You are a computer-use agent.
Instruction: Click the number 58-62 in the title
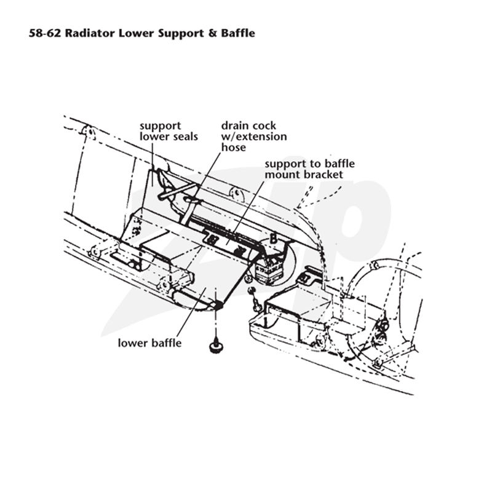pos(45,33)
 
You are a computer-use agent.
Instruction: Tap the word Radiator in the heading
pos(90,33)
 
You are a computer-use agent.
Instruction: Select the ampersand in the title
pos(212,33)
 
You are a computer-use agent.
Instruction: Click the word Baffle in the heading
pos(238,33)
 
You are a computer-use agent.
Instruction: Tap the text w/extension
pos(254,137)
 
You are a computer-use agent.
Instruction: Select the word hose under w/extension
pos(234,148)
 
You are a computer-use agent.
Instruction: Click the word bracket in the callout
pos(323,175)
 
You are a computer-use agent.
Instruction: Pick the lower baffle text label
pos(149,343)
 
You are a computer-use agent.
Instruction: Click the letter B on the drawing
pos(274,239)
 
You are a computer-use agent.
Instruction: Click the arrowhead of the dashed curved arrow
pos(300,205)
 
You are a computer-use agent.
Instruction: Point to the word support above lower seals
pos(161,126)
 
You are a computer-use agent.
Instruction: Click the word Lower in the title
pos(137,33)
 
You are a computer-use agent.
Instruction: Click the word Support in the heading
pos(181,34)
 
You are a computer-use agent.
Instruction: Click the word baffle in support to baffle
pos(339,164)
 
